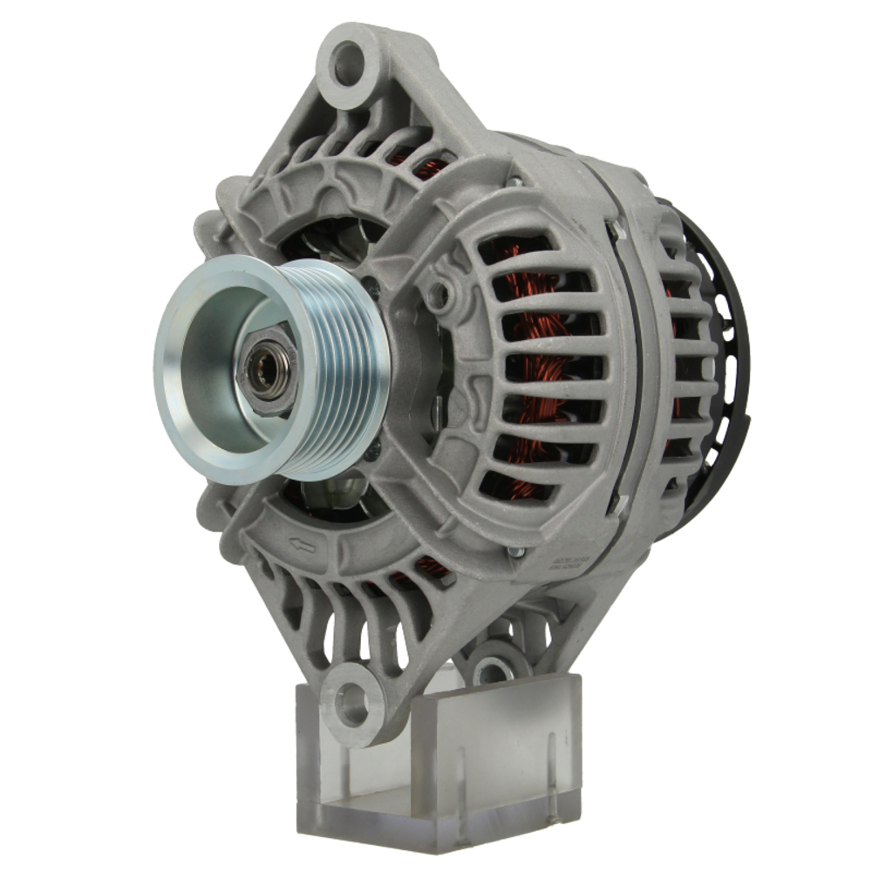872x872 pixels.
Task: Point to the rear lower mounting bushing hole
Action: point(493,670)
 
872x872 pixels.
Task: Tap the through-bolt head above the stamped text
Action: point(516,551)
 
